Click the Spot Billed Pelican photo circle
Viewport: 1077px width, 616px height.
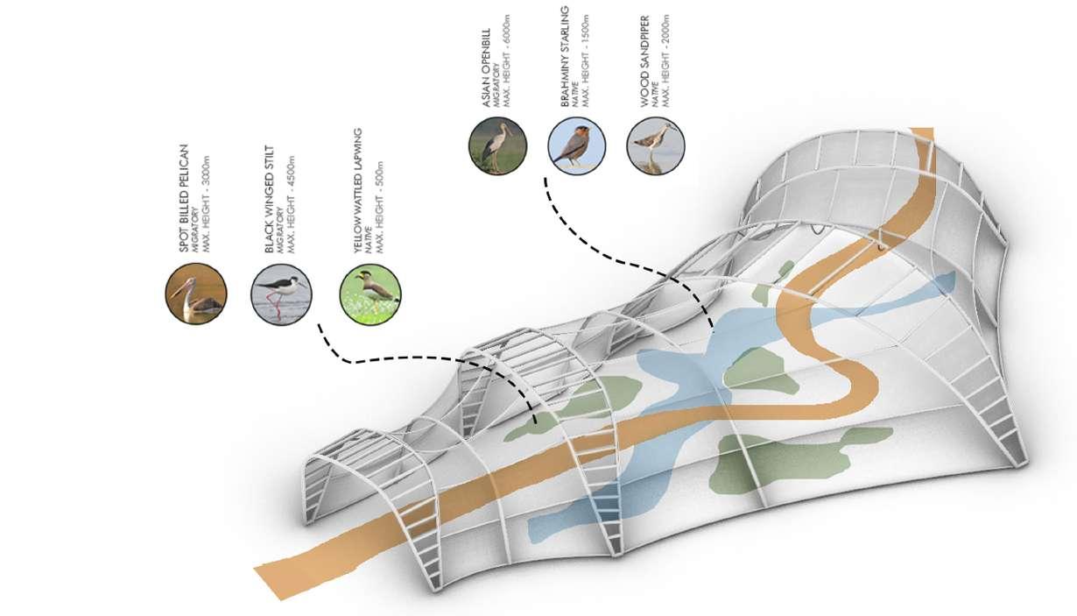pyautogui.click(x=195, y=294)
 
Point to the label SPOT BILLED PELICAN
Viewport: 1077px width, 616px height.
pyautogui.click(x=184, y=198)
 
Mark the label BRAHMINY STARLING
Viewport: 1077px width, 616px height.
pyautogui.click(x=565, y=57)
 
